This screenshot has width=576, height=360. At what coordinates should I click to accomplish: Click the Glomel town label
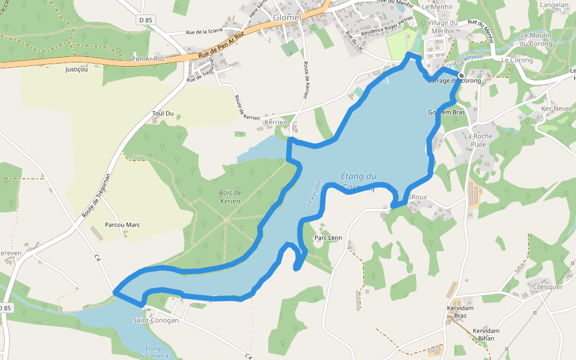click(286, 17)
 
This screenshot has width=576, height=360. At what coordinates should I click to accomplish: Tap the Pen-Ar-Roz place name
click(148, 59)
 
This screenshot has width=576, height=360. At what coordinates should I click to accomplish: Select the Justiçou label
click(76, 70)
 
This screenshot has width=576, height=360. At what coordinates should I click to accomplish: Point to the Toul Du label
click(163, 113)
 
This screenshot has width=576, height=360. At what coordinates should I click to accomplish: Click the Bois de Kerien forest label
click(230, 197)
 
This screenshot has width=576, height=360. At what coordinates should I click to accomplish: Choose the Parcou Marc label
click(122, 225)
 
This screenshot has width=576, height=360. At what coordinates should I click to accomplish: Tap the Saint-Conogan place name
click(155, 320)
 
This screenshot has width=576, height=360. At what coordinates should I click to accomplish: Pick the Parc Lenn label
click(328, 238)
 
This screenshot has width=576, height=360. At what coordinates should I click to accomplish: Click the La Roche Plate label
click(479, 140)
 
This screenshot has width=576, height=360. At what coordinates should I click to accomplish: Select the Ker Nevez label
click(557, 109)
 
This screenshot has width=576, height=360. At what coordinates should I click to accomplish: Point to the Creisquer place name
click(548, 287)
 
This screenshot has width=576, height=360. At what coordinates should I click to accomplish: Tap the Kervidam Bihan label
click(486, 335)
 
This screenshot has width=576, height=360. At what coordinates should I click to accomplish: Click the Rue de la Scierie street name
click(205, 31)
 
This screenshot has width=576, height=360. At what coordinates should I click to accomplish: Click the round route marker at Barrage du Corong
click(461, 76)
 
